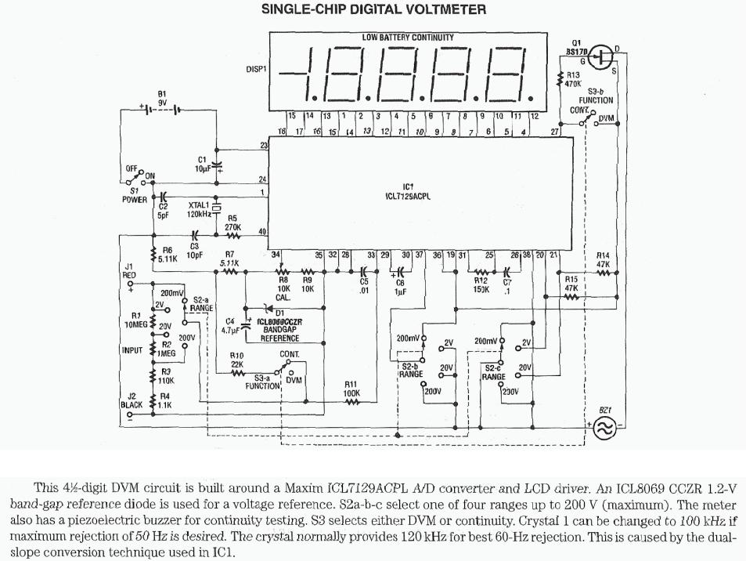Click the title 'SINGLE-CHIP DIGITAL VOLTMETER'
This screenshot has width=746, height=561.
click(373, 10)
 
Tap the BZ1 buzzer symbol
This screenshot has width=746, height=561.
click(604, 427)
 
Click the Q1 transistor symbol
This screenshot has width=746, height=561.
click(600, 56)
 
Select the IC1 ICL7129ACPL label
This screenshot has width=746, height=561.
click(407, 192)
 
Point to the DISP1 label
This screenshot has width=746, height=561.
click(257, 69)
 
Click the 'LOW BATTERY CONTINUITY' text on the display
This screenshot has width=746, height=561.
click(407, 37)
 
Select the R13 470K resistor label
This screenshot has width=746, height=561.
click(573, 79)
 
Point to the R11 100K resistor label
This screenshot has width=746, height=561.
click(351, 389)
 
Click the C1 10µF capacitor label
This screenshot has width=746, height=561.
click(201, 165)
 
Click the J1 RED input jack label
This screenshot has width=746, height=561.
click(130, 271)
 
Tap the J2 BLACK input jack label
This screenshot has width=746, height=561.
click(132, 400)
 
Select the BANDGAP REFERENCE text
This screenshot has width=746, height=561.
click(279, 335)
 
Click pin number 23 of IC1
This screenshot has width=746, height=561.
click(264, 145)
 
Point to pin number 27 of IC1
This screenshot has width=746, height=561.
click(555, 132)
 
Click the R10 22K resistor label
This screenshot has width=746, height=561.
click(236, 360)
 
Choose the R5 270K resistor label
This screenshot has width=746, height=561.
click(232, 223)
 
